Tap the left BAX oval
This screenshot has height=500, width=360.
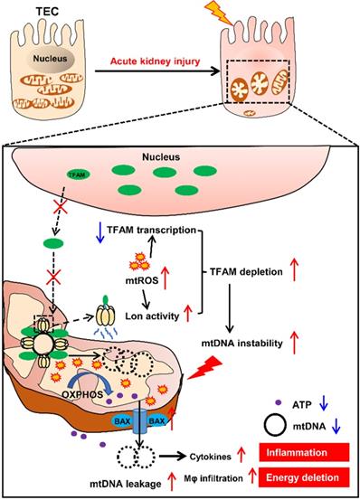(97, 420)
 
